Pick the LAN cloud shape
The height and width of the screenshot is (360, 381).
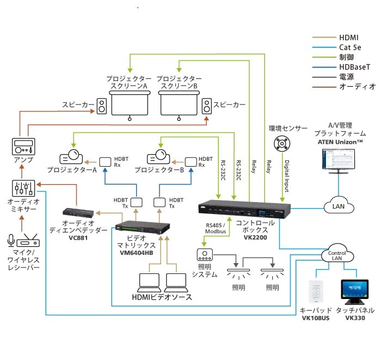[339, 206]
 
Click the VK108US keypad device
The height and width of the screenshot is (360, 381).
[316, 292]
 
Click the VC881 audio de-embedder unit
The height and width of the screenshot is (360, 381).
[79, 211]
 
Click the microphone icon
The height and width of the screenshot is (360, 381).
[10, 241]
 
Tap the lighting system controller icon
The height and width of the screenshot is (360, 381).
[206, 254]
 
